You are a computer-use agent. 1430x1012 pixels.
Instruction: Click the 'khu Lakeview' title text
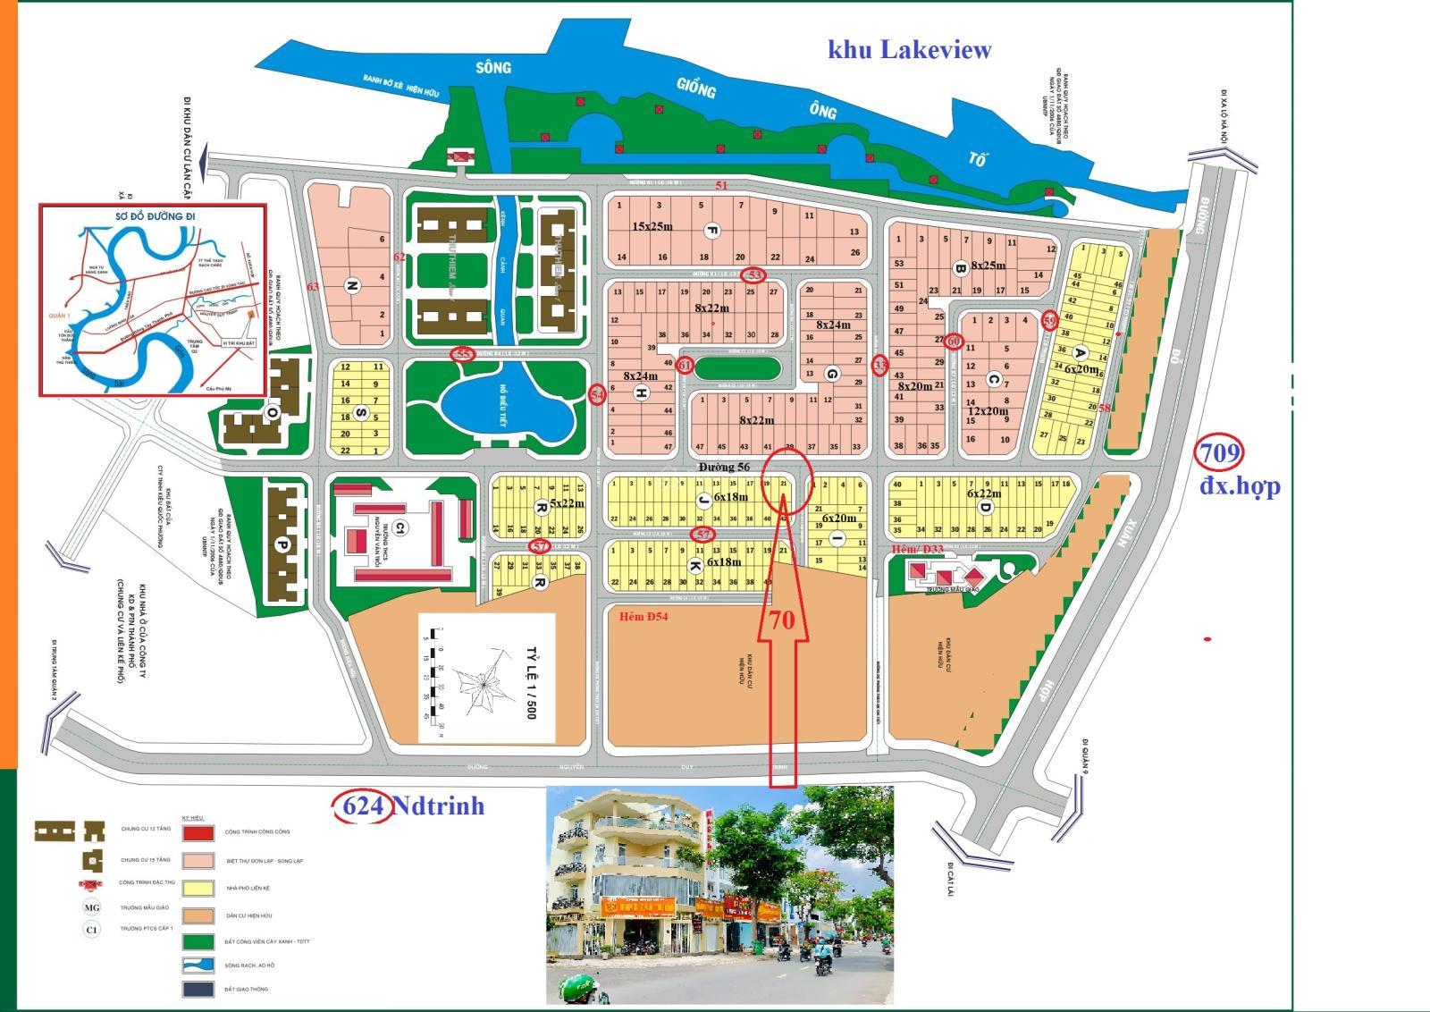point(909,49)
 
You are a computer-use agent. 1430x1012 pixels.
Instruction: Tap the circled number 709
point(1220,453)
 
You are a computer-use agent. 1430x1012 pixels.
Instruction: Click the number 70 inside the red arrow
point(782,620)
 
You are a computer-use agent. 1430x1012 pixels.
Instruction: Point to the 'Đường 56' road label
point(724,467)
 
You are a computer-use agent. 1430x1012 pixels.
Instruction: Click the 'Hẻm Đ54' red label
point(643,616)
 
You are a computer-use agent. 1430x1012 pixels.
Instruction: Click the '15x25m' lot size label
point(652,226)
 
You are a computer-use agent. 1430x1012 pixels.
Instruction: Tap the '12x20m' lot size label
point(988,411)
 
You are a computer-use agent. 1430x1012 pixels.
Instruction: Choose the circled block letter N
point(352,286)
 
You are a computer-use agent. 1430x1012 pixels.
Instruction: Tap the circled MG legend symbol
point(92,907)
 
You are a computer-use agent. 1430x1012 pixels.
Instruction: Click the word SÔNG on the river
point(492,68)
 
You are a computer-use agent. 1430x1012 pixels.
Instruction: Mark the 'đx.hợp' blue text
point(1240,485)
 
